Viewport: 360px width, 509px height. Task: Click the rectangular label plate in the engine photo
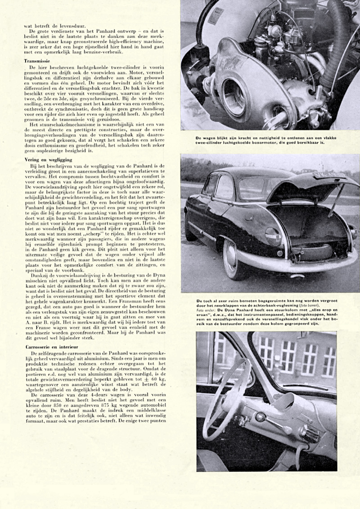pos(215,16)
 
